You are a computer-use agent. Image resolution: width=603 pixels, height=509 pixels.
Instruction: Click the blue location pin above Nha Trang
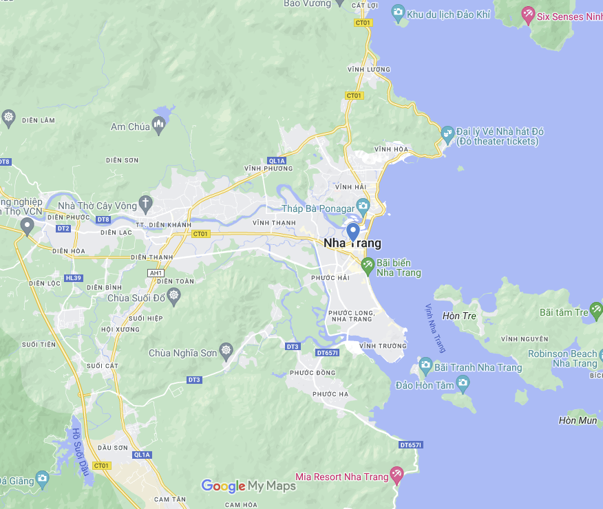(352, 231)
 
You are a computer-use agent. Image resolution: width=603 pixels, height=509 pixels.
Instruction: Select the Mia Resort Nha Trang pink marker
(396, 474)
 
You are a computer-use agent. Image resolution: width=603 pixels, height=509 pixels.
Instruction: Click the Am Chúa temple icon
(159, 125)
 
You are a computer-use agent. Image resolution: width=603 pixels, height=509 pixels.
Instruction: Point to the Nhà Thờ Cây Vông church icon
(145, 203)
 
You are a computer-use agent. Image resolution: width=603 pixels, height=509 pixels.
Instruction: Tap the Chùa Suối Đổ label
(136, 298)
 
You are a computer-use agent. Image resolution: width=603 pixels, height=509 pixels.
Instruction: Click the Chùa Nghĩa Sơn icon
(227, 352)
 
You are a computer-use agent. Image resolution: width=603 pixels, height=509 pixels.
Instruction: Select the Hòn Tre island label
(460, 316)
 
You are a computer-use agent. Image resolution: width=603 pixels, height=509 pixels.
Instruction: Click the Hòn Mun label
(578, 420)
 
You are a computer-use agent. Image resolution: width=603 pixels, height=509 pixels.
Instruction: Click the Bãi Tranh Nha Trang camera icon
(425, 365)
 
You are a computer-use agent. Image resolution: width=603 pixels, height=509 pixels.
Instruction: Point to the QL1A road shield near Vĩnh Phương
(277, 161)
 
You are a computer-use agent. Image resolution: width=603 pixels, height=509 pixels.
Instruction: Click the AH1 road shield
(156, 272)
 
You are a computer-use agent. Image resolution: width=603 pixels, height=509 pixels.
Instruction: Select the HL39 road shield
(73, 278)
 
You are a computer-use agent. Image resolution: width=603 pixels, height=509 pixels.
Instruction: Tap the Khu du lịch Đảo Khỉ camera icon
(397, 12)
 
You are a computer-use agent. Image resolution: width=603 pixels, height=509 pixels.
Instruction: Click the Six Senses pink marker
(528, 14)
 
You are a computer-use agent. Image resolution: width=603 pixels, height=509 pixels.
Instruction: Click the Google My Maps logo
(248, 486)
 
